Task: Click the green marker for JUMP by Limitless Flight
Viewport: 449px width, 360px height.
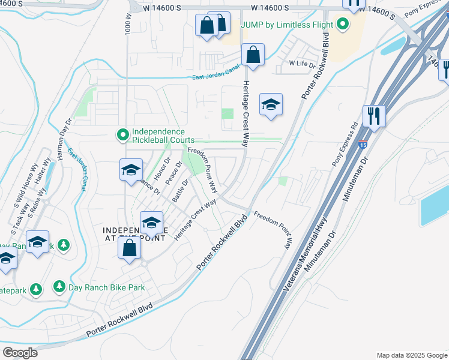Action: coord(343,25)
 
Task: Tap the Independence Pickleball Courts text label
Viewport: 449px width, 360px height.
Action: coord(159,136)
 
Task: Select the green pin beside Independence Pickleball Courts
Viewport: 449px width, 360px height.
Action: coord(122,136)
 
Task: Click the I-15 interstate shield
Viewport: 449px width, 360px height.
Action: coord(363,144)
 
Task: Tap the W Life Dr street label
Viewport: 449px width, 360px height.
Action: coord(302,62)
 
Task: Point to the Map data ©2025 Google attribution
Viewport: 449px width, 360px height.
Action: coord(411,355)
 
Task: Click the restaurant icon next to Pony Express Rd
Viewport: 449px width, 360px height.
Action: coord(375,115)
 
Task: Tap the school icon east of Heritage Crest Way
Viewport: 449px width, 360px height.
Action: coord(271,105)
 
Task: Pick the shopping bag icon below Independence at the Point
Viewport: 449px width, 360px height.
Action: coord(130,247)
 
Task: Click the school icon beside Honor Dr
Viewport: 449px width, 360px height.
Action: coord(131,170)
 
